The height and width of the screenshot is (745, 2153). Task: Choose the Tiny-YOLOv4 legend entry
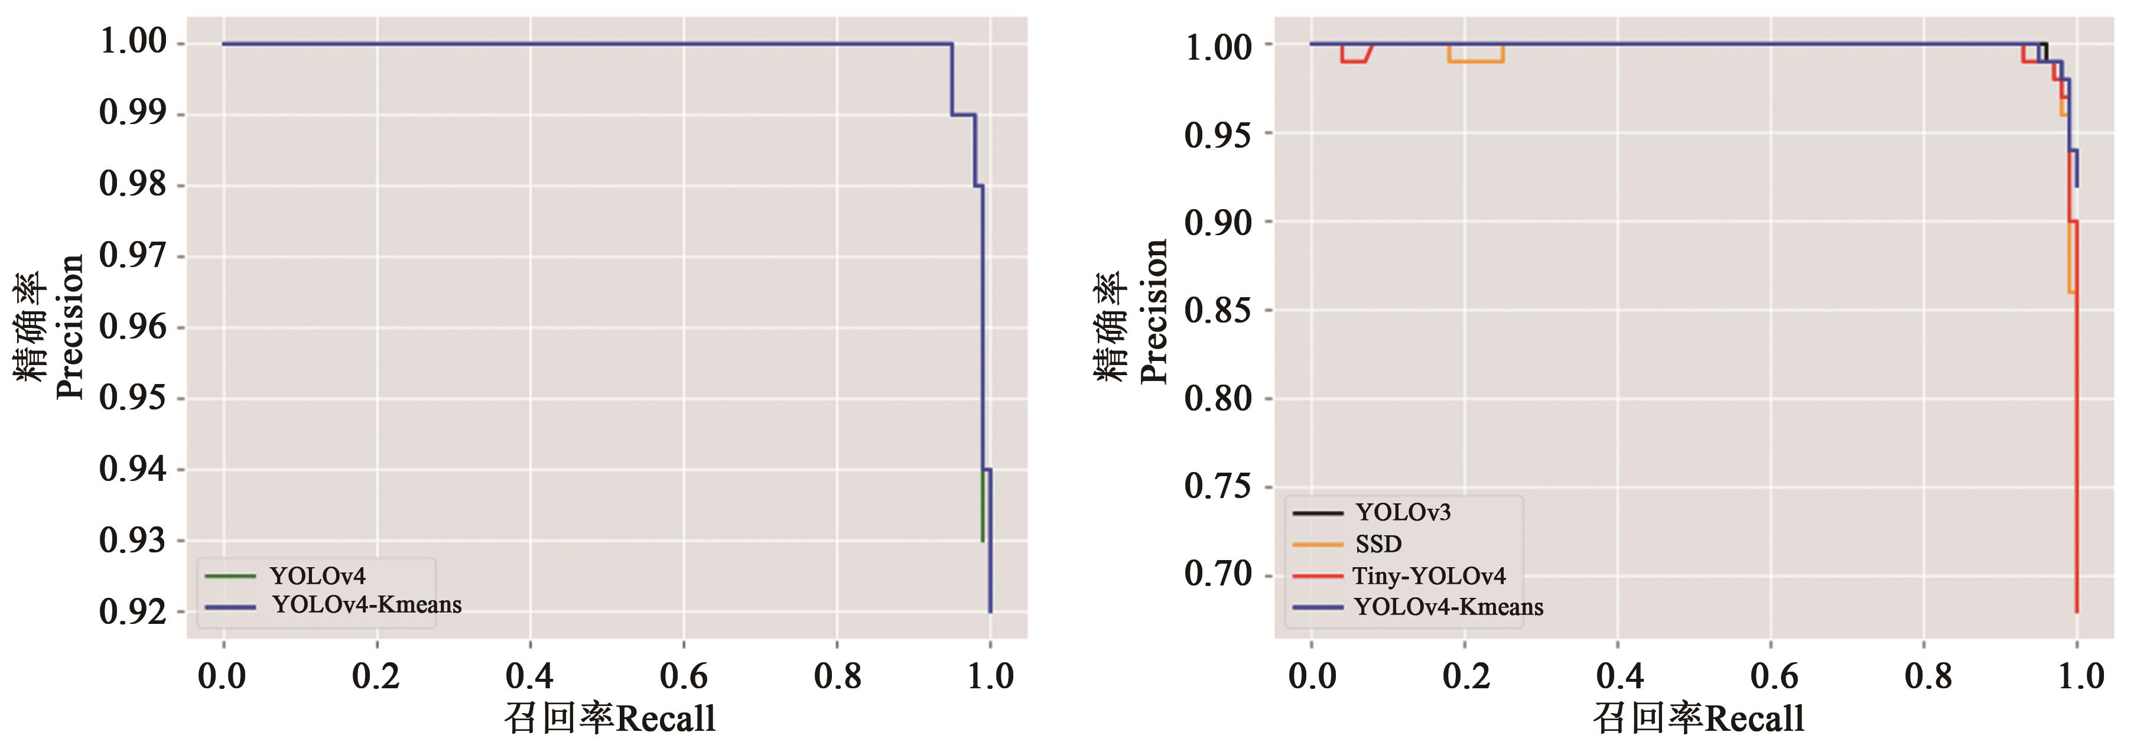tap(1429, 576)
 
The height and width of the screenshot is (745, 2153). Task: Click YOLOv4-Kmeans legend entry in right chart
tap(1448, 607)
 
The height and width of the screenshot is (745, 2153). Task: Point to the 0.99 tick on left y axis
tap(133, 113)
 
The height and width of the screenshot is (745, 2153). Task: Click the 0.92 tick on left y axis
tap(133, 612)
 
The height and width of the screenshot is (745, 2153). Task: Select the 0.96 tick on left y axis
tap(133, 327)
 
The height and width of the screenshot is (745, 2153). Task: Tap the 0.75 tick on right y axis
tap(1218, 487)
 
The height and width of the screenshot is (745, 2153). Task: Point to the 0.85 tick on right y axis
tap(1218, 311)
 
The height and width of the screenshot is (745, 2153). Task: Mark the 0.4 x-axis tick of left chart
tap(530, 676)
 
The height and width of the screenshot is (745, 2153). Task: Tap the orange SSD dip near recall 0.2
tap(1476, 61)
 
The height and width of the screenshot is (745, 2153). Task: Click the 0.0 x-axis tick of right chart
tap(1312, 676)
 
